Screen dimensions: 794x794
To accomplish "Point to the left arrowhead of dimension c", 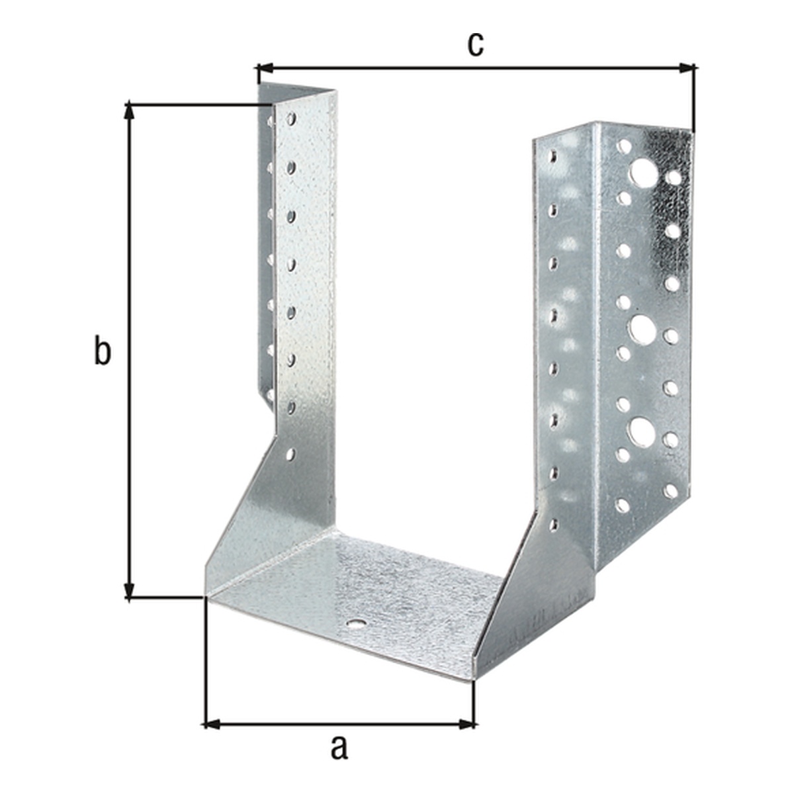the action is [265, 69].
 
